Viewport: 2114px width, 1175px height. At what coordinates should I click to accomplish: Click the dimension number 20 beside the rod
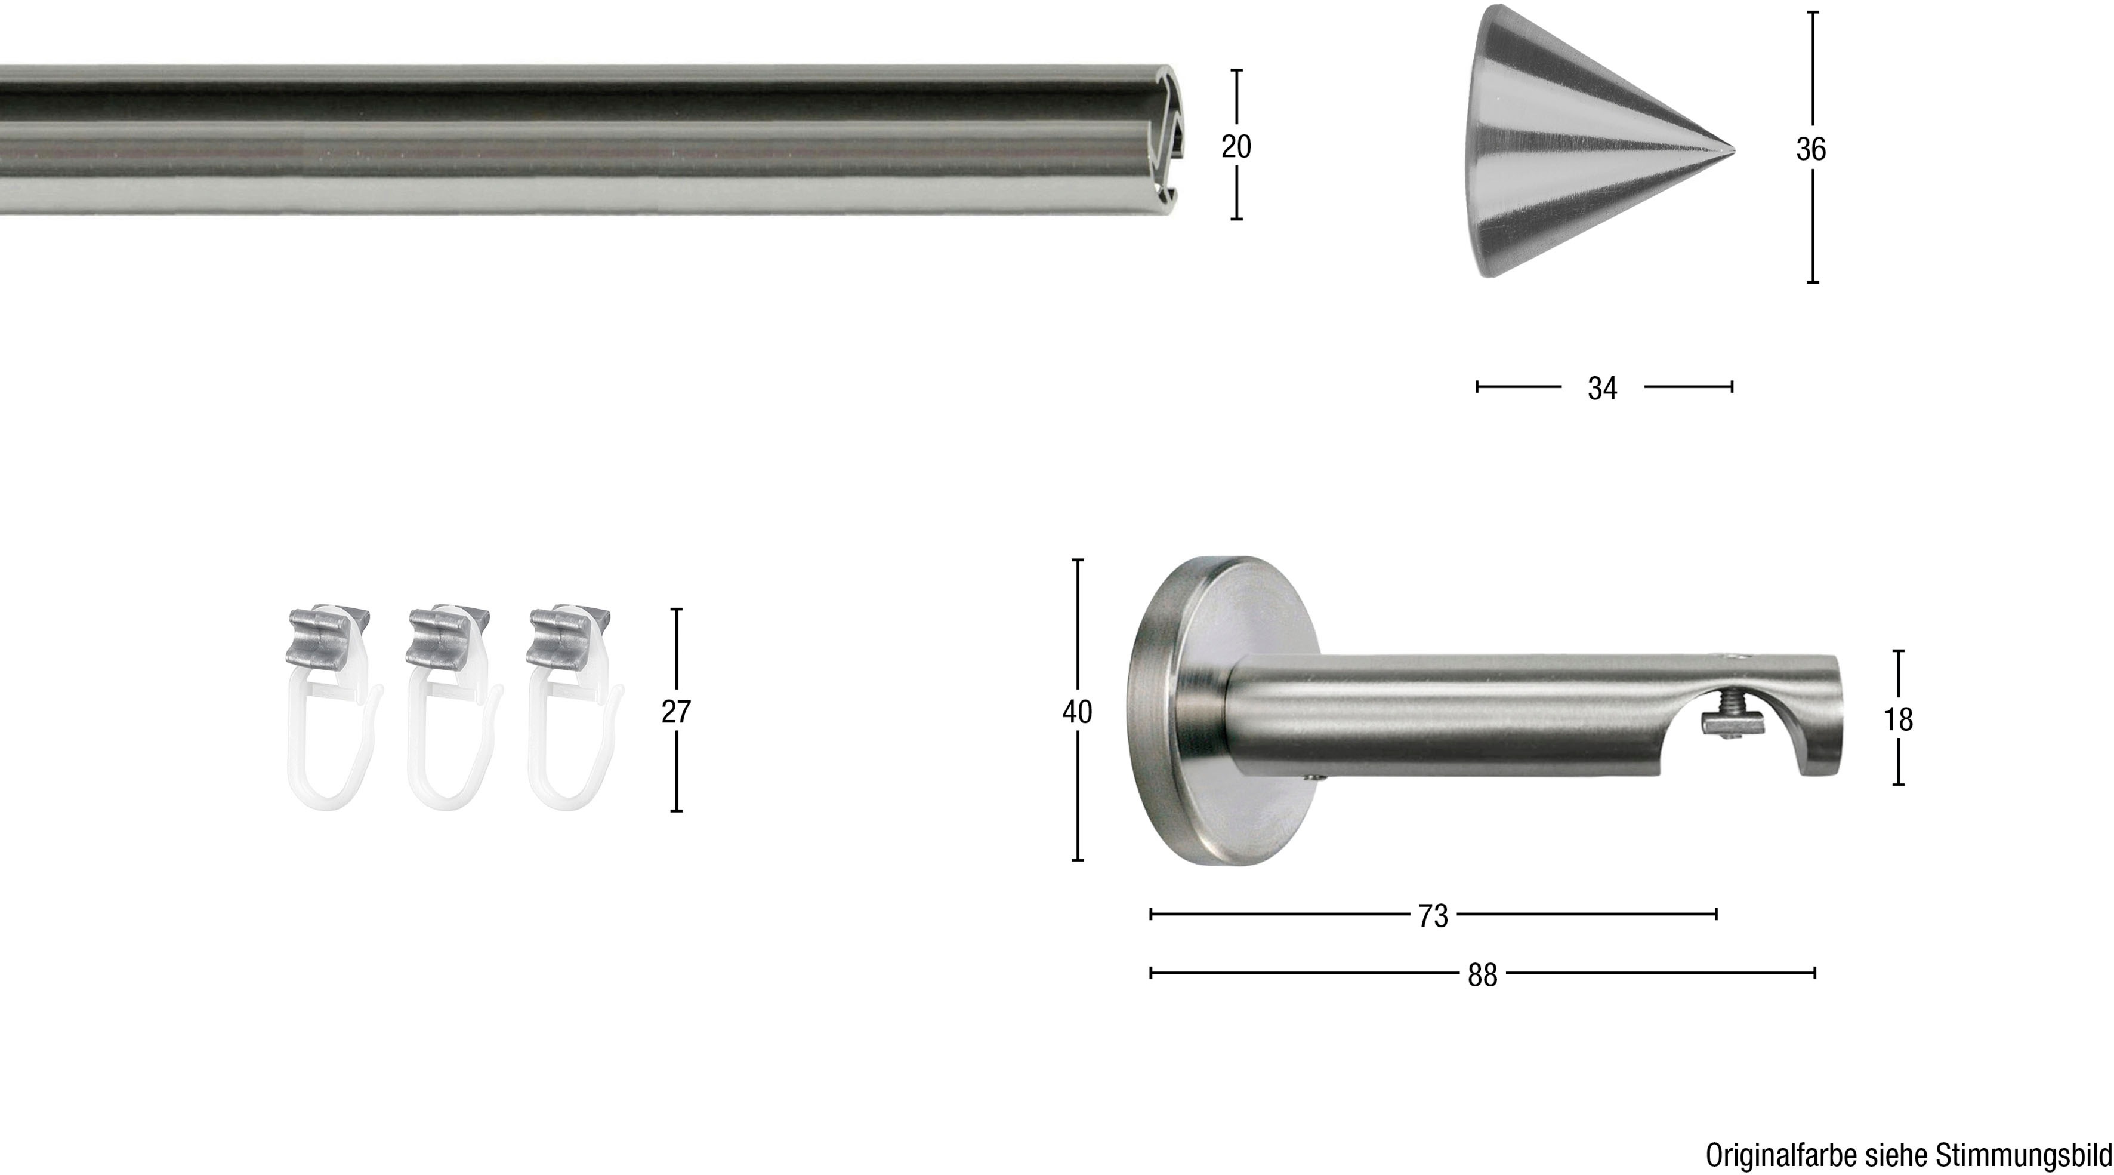click(1236, 147)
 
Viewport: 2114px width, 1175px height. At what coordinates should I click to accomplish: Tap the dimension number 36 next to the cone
click(1811, 149)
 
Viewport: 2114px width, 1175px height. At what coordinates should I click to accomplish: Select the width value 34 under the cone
click(1602, 388)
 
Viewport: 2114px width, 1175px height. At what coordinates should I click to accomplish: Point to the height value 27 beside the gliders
click(676, 712)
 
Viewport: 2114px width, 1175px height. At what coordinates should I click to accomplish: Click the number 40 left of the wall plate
click(1078, 712)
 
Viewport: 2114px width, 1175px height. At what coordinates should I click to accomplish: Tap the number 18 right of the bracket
click(1898, 719)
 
